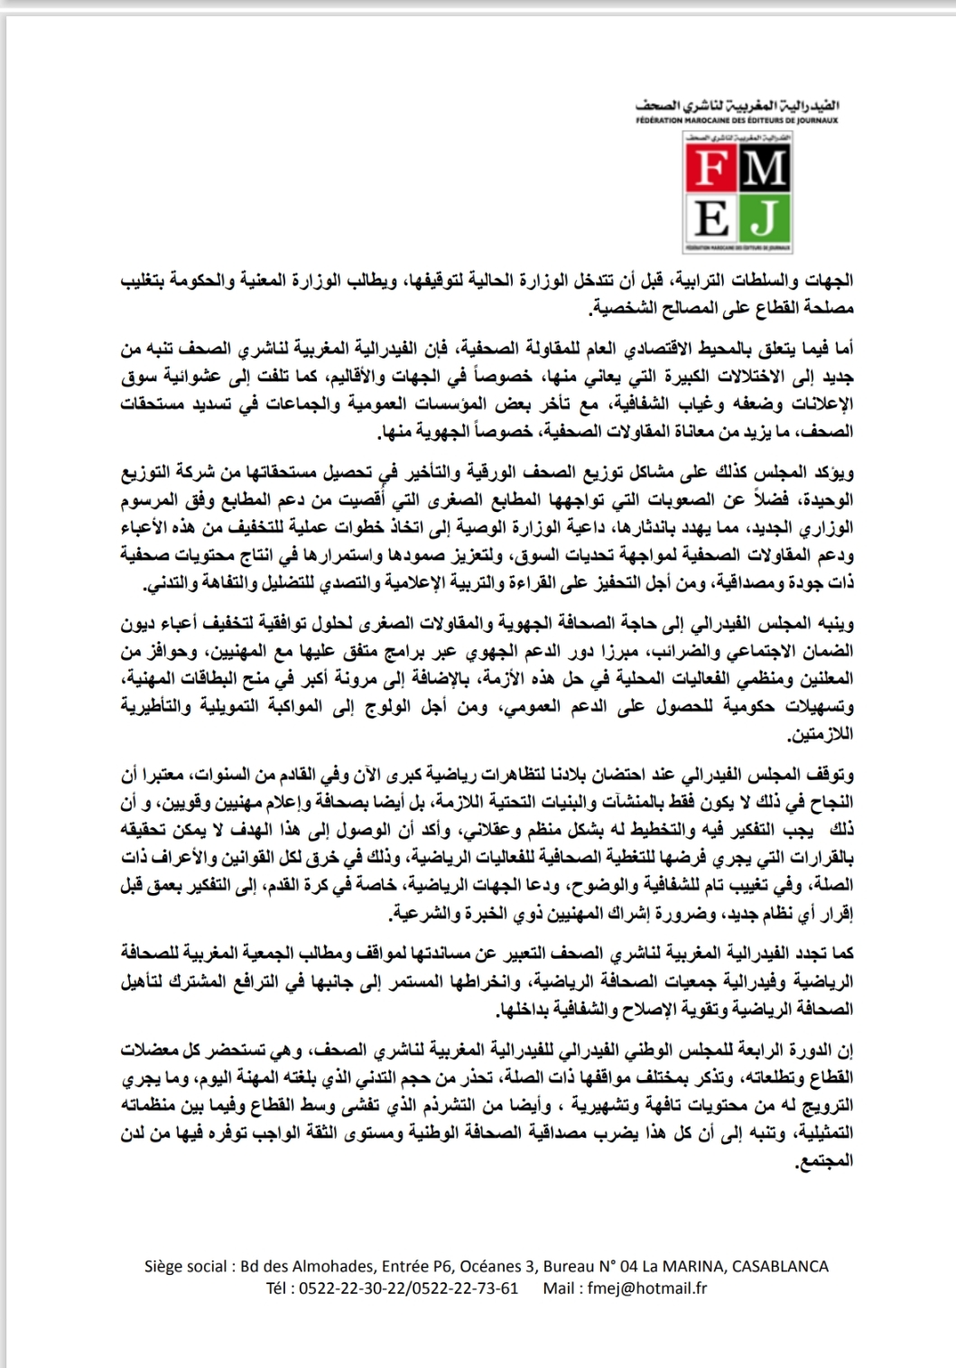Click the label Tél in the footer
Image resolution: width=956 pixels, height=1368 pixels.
coord(278,1288)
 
